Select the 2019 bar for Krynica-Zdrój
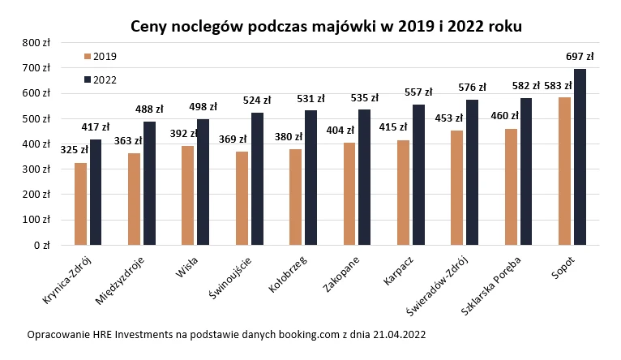click(x=80, y=204)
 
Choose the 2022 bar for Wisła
click(x=203, y=182)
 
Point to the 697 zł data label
click(x=580, y=57)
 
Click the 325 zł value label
click(x=75, y=150)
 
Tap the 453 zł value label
click(x=448, y=118)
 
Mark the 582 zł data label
click(x=525, y=84)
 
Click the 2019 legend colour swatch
click(x=88, y=56)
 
